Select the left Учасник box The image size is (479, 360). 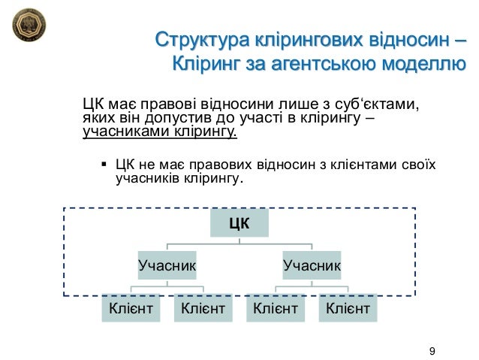tap(167, 265)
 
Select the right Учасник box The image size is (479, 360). tap(312, 265)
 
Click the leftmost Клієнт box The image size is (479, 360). tap(131, 307)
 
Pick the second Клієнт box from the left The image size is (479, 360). tap(203, 307)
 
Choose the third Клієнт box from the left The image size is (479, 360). tap(276, 307)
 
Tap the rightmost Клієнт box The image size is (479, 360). tap(348, 307)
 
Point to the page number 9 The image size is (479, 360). tap(431, 350)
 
